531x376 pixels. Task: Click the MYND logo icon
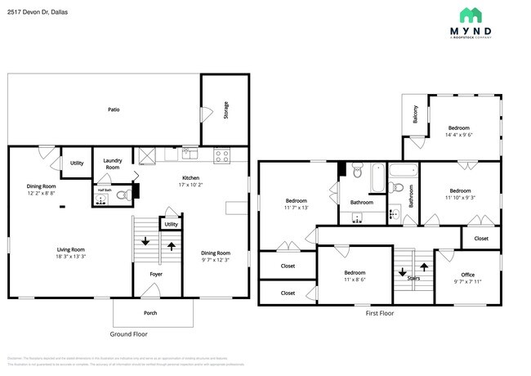(x=471, y=15)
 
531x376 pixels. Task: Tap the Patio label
(x=114, y=109)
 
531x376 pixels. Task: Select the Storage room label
(x=226, y=109)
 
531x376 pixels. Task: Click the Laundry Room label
(x=112, y=163)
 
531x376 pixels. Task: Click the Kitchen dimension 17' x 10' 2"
(x=190, y=185)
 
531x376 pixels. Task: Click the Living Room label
(x=71, y=249)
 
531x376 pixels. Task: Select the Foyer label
(x=155, y=275)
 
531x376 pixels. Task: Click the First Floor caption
(x=379, y=313)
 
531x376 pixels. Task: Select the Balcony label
(x=415, y=115)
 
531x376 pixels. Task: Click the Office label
(x=467, y=274)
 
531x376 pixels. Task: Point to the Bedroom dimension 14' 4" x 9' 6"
(x=459, y=136)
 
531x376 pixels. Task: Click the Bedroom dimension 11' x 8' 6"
(x=355, y=280)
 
